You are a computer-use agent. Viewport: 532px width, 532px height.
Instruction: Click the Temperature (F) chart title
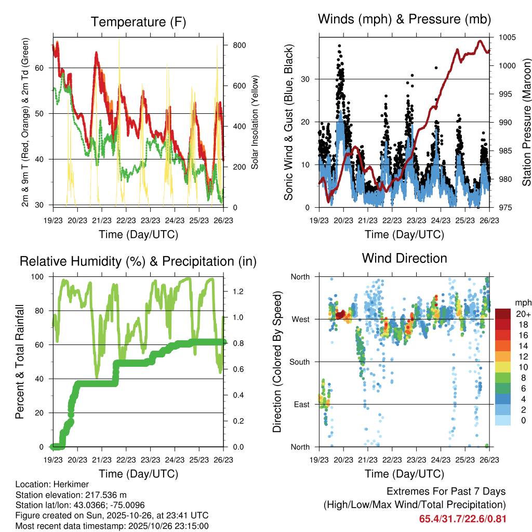(138, 22)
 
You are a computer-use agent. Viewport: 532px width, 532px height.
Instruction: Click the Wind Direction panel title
(404, 258)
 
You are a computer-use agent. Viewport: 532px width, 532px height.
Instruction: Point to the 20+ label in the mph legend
(523, 314)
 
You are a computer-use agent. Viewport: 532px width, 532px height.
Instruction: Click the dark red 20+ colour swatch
(503, 314)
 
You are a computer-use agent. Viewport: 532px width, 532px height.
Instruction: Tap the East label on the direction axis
(301, 404)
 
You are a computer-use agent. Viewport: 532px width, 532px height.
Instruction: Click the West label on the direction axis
(300, 319)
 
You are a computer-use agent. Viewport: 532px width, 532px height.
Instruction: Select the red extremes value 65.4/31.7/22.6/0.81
(462, 518)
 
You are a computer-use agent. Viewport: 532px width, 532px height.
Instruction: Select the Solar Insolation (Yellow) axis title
(255, 123)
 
